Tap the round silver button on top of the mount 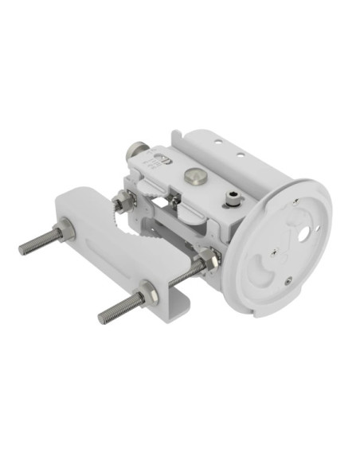pos(192,174)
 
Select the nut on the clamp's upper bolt pos(66,232)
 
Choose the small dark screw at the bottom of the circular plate pos(288,279)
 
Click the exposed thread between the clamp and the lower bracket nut pos(184,273)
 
